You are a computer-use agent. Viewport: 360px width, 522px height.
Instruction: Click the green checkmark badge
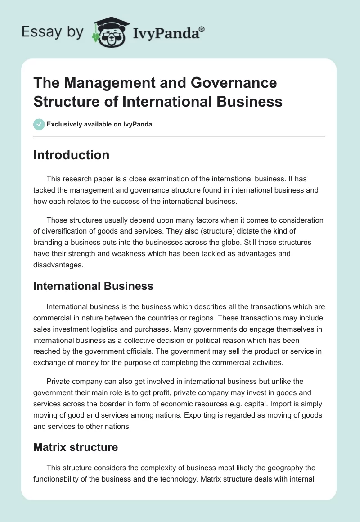coord(39,124)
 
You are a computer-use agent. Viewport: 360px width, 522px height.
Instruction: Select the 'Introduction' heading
coord(71,155)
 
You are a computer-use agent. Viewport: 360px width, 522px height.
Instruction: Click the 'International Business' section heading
coord(93,286)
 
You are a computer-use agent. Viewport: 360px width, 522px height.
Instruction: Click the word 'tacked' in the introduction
coord(44,190)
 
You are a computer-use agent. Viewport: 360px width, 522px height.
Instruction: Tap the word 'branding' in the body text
coord(48,243)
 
